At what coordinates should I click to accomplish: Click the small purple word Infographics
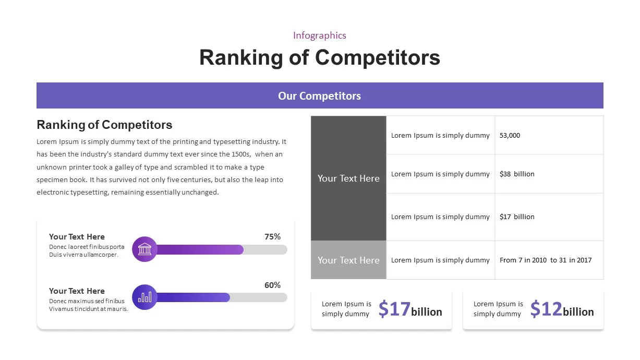click(319, 35)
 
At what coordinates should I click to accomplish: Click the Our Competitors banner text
click(319, 96)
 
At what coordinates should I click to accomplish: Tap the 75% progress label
click(272, 236)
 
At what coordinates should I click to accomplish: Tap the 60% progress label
click(272, 285)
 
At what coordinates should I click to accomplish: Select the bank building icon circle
click(144, 249)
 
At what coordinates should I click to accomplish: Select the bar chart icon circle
click(144, 297)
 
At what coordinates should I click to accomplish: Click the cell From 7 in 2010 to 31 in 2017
click(546, 260)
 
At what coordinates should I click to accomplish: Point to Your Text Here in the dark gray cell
click(348, 178)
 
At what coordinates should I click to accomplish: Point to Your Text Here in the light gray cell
click(348, 260)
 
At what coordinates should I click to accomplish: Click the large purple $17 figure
click(394, 309)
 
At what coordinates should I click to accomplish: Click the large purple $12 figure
click(546, 309)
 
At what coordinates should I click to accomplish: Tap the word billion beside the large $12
click(578, 312)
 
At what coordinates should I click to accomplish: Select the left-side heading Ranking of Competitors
click(104, 125)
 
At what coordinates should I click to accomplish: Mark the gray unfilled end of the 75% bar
click(265, 249)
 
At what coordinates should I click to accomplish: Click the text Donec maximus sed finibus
click(87, 301)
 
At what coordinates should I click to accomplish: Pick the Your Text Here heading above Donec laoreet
click(77, 237)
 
